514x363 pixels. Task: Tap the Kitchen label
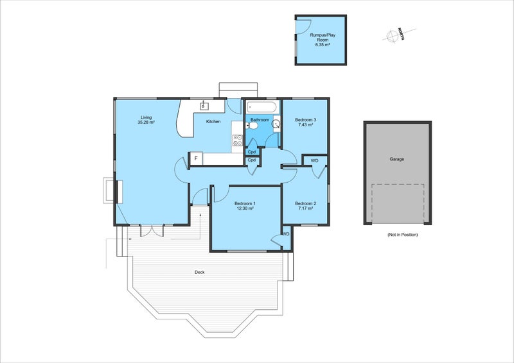coord(213,122)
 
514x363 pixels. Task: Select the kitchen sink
coord(204,106)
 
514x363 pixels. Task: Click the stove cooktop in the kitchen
coord(238,140)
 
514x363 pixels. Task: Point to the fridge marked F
coord(196,158)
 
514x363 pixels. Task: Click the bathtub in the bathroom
coord(262,106)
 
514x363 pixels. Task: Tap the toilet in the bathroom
coord(252,125)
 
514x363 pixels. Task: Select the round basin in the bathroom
coord(277,124)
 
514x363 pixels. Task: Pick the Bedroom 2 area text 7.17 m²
coord(305,208)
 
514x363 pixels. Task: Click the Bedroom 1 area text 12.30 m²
coord(245,208)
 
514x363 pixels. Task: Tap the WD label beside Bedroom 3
coord(314,161)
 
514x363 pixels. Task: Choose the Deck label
coord(200,273)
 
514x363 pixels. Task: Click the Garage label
coord(396,159)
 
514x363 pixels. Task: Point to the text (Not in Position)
coord(403,235)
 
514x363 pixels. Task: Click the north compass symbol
coord(392,36)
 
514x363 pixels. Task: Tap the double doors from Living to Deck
coord(152,230)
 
